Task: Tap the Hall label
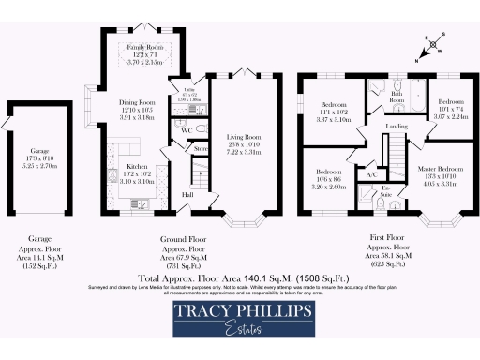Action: point(187,194)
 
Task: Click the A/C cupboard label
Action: point(371,175)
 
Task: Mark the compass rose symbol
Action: point(431,42)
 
